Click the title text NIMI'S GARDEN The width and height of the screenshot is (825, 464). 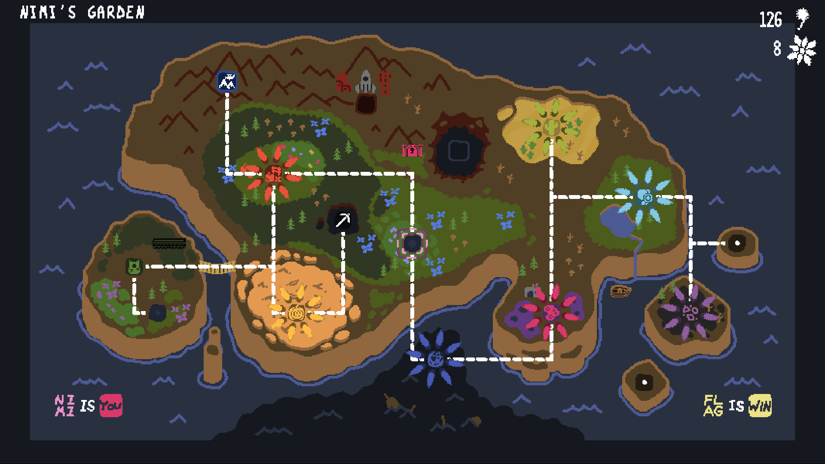pos(82,12)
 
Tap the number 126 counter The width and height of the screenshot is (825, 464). pos(770,20)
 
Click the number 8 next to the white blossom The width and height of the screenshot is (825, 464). pos(777,49)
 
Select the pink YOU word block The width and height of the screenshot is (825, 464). pos(111,406)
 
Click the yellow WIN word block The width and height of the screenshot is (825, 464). pos(760,406)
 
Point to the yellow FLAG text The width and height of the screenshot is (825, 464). pos(713,406)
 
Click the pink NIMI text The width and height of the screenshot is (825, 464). pos(64,406)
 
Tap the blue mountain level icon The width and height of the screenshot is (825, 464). pos(227,81)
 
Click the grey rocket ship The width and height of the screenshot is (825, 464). pos(366,82)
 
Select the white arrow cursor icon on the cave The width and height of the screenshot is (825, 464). pos(343,220)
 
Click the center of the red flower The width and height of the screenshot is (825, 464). pos(273,174)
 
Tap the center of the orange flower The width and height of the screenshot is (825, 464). pos(296,313)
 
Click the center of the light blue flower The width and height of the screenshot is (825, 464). pos(645,197)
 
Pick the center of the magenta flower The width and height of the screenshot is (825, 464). pos(551,312)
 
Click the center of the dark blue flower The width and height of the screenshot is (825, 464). pos(435,358)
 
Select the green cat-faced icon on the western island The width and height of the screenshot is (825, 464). pos(134,266)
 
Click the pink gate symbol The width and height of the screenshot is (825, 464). pos(412,150)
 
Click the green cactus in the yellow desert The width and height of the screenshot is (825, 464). pos(550,127)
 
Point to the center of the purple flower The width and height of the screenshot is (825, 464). pos(690,312)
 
